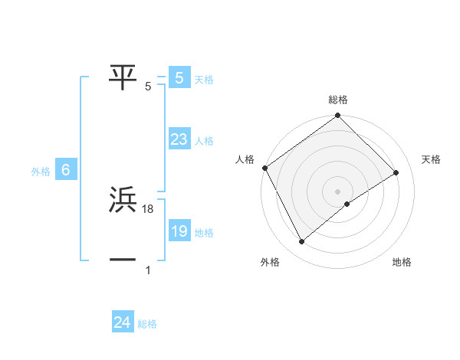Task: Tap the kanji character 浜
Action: coord(123,201)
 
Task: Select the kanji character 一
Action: coord(123,260)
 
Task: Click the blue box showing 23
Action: coord(179,139)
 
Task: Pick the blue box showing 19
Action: coord(179,232)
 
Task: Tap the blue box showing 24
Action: coord(122,322)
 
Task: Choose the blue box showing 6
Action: coord(66,171)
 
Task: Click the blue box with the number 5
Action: coord(179,77)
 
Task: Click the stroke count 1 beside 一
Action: coord(148,270)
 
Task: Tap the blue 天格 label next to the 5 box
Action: coord(204,79)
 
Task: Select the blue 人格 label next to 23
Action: coord(204,141)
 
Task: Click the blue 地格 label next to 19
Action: coord(204,233)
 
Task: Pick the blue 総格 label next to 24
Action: coord(147,324)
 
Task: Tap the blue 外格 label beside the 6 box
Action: coord(41,172)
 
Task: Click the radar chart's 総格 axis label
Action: coord(338,100)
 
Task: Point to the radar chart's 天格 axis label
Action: coord(432,159)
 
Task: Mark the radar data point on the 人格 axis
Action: coord(264,168)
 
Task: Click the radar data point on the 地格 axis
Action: coord(347,204)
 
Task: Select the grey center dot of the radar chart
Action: coord(337,191)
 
